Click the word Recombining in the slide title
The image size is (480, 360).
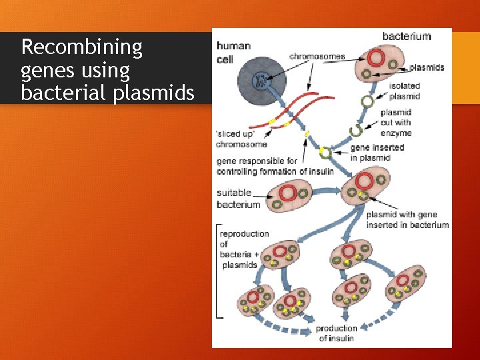click(x=82, y=47)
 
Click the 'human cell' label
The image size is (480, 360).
click(x=233, y=53)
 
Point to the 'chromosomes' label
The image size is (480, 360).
click(x=317, y=57)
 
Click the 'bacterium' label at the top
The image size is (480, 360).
click(x=406, y=36)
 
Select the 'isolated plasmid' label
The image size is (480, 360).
click(x=405, y=91)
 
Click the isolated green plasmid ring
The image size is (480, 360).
click(x=367, y=101)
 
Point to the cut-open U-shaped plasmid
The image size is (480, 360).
click(x=356, y=128)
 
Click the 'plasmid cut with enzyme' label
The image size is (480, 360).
click(x=396, y=123)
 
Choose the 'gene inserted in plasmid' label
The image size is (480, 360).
click(x=377, y=153)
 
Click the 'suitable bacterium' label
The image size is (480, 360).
click(x=238, y=199)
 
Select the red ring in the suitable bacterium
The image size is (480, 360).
click(x=288, y=193)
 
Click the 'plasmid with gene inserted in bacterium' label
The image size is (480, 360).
click(x=407, y=220)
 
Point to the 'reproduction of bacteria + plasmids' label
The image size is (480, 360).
click(x=245, y=249)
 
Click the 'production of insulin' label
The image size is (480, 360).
click(x=336, y=333)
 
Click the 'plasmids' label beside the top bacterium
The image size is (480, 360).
click(x=427, y=67)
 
